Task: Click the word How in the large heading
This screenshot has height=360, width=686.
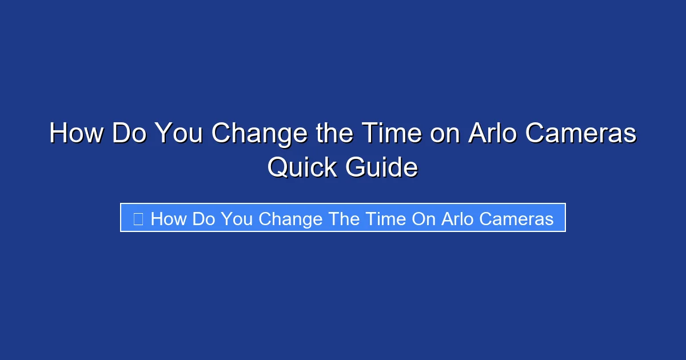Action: (76, 134)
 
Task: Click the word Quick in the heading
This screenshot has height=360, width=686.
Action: (302, 167)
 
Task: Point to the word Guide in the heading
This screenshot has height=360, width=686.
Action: (381, 167)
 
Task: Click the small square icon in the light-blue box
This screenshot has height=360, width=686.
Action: (138, 218)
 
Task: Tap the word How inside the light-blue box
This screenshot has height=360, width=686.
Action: (169, 218)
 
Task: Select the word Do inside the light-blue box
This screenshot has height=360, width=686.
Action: (204, 218)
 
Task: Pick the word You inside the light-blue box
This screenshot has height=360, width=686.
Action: (237, 218)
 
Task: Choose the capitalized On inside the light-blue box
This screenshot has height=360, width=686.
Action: (424, 218)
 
